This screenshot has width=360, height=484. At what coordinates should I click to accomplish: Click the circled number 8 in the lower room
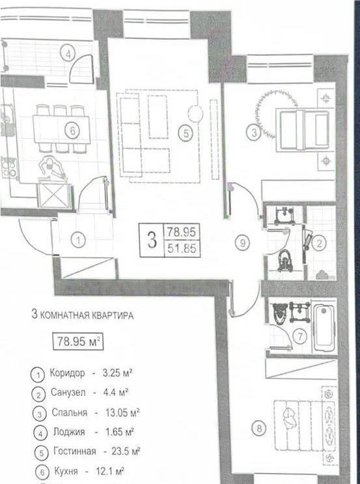[x=260, y=428]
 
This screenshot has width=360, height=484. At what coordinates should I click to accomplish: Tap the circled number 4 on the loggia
[x=70, y=53]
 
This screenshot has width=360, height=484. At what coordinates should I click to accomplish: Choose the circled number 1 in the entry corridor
[x=79, y=241]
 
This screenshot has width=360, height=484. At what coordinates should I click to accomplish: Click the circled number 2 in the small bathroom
[x=318, y=244]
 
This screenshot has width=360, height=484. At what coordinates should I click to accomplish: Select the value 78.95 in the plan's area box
[x=182, y=231]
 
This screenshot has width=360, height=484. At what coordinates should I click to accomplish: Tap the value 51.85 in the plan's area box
[x=182, y=248]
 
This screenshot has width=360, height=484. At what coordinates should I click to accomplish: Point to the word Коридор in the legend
[x=67, y=374]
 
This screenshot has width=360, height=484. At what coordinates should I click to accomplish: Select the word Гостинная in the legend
[x=73, y=451]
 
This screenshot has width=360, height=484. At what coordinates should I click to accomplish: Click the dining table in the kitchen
[x=60, y=129]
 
